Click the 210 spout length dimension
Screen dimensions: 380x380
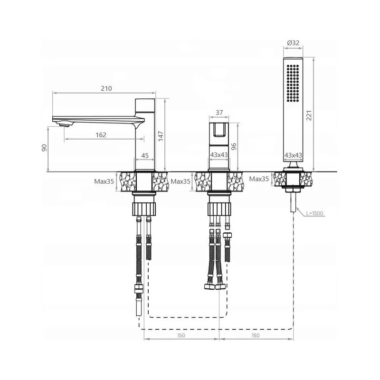(106, 88)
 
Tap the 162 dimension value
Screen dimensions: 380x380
(101, 135)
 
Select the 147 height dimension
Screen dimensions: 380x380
(161, 136)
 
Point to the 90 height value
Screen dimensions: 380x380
(44, 148)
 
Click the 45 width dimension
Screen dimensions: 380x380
(145, 155)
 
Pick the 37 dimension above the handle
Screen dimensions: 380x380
(219, 113)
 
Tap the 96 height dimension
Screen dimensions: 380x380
(234, 147)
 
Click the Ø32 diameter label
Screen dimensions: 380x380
(293, 43)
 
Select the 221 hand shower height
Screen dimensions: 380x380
(309, 115)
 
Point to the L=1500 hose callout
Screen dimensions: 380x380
(314, 213)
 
